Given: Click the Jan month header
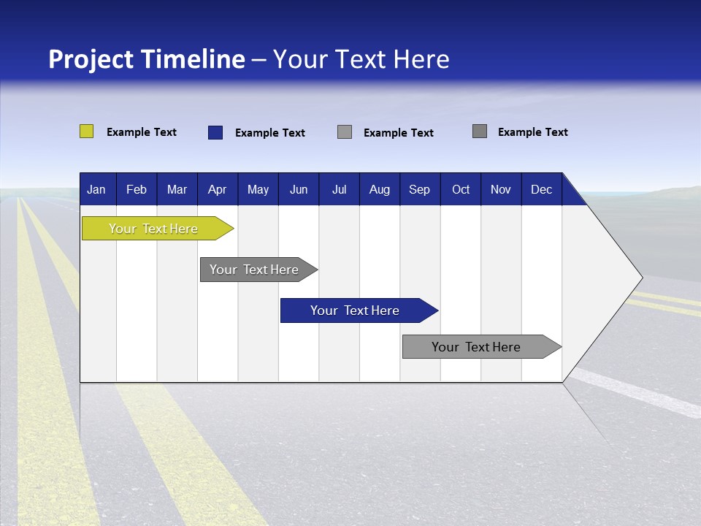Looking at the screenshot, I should click(96, 189).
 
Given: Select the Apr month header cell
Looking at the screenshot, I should click(217, 189).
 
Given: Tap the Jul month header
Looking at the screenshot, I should click(339, 189).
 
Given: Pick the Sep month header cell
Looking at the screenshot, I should click(419, 189).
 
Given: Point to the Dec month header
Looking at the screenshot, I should click(541, 189).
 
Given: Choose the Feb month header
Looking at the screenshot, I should click(137, 189).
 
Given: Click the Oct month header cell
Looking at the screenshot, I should click(461, 189).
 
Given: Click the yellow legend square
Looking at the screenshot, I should click(86, 131).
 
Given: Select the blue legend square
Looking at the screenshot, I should click(215, 132).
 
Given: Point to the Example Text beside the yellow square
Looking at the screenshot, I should click(142, 132).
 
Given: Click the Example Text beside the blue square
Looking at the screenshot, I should click(270, 133).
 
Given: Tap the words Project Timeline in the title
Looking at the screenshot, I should click(147, 59).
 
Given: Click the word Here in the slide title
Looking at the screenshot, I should click(421, 59).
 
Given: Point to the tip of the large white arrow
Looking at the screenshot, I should click(640, 278).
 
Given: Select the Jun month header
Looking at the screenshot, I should click(299, 189).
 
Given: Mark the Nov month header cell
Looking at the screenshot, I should click(501, 189).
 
